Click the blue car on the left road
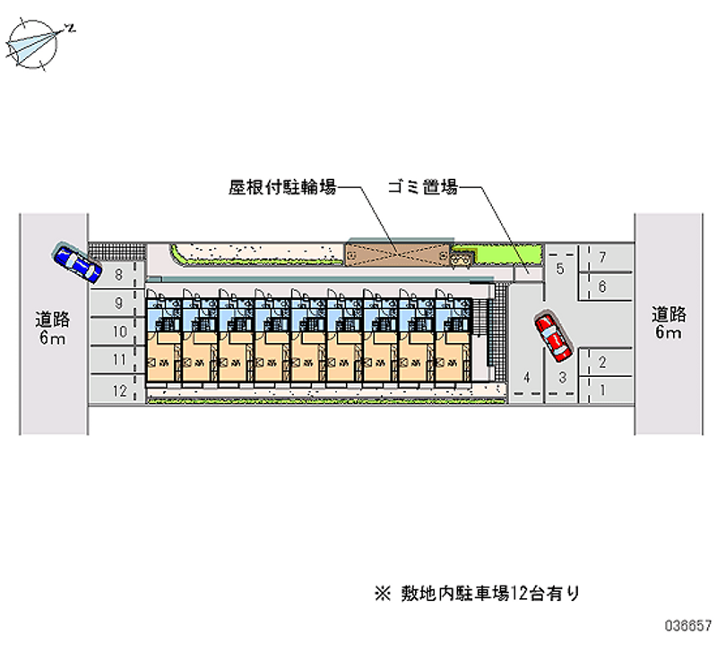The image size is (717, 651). [76, 261]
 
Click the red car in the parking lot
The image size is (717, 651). [551, 333]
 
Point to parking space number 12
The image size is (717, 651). [118, 390]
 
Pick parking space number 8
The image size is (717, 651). [118, 276]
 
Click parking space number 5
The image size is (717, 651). [560, 270]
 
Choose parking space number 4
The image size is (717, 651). [528, 377]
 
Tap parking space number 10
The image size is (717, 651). [118, 332]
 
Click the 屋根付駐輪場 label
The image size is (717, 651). [281, 188]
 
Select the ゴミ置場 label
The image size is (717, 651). [423, 188]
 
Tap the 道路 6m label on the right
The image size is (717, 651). [669, 324]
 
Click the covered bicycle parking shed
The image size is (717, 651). [396, 253]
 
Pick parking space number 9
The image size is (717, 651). [118, 304]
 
